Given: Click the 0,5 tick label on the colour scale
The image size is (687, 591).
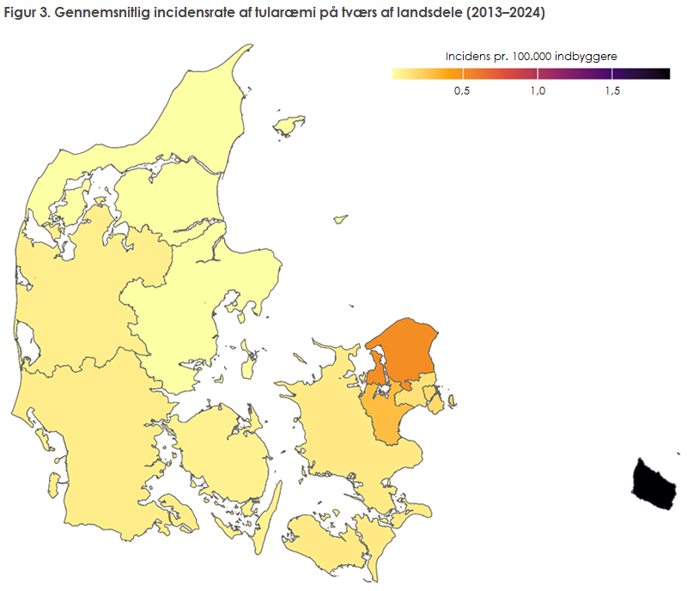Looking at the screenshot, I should pyautogui.click(x=461, y=92).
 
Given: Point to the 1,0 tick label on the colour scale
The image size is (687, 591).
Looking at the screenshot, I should pyautogui.click(x=537, y=92).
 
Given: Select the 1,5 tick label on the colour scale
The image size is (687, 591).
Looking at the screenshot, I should pyautogui.click(x=611, y=92).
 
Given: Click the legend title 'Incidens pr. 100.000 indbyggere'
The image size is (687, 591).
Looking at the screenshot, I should pyautogui.click(x=531, y=57).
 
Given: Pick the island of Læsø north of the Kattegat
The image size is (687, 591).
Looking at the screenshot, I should pyautogui.click(x=289, y=126).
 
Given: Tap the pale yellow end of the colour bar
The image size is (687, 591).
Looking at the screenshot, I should pyautogui.click(x=397, y=75).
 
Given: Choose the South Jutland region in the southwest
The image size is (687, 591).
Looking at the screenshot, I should pyautogui.click(x=94, y=430).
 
